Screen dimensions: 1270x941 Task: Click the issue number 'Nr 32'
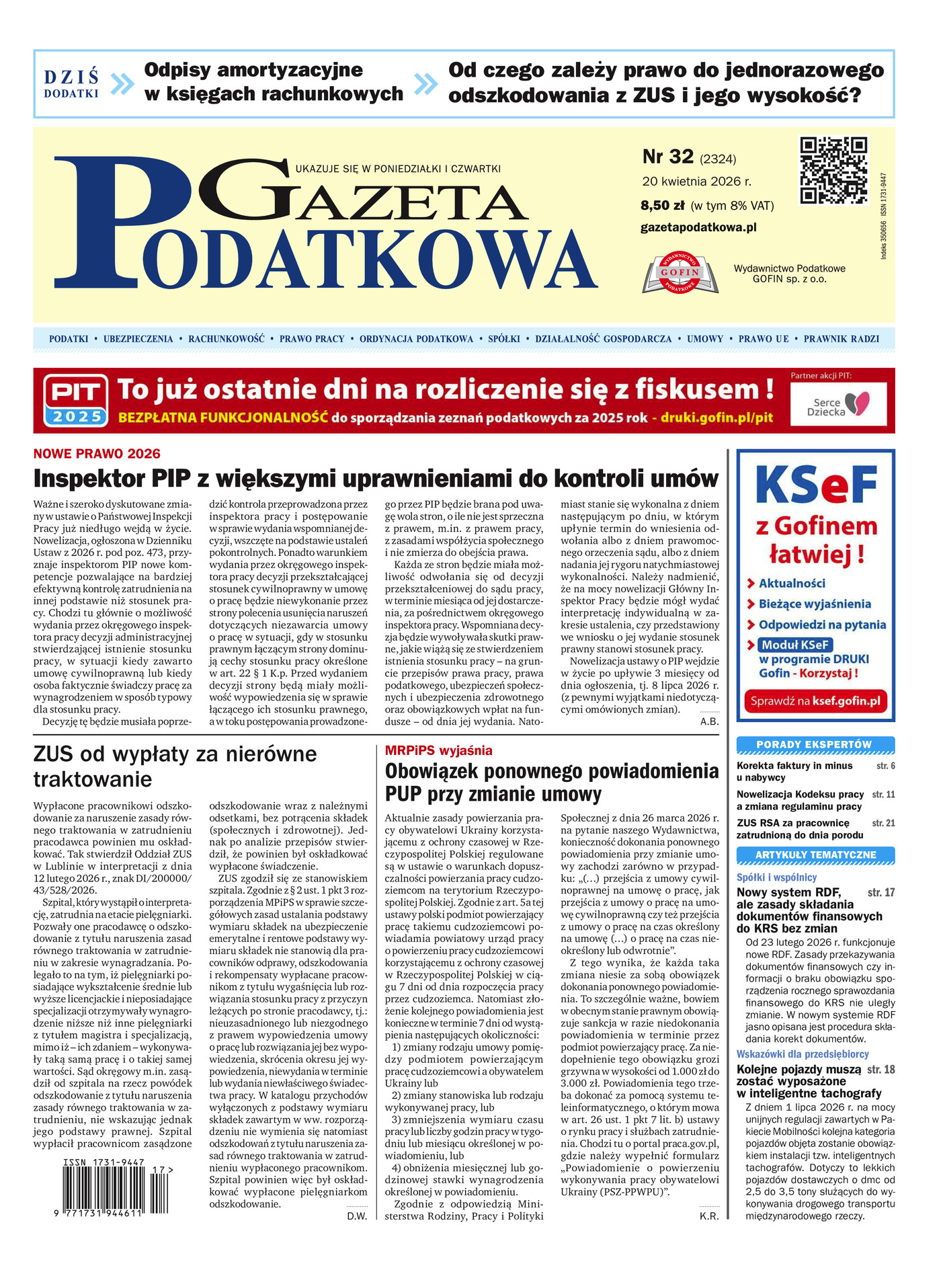[667, 157]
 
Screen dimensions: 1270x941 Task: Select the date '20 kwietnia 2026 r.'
[696, 182]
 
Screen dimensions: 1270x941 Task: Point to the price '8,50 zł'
[662, 206]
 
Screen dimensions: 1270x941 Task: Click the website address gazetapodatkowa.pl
[698, 227]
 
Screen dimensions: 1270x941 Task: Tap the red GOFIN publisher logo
[680, 272]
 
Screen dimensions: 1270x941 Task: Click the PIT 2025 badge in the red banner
[76, 400]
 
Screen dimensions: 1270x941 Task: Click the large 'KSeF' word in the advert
[815, 485]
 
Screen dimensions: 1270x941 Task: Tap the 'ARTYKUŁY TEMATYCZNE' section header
[815, 855]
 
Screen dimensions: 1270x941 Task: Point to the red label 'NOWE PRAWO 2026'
[97, 454]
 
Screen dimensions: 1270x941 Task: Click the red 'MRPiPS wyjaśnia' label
[438, 750]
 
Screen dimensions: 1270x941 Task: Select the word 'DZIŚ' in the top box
[71, 77]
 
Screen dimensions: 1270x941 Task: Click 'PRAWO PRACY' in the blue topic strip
[312, 339]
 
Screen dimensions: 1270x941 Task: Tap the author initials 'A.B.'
[709, 721]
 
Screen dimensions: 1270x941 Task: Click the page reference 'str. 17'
[881, 892]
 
